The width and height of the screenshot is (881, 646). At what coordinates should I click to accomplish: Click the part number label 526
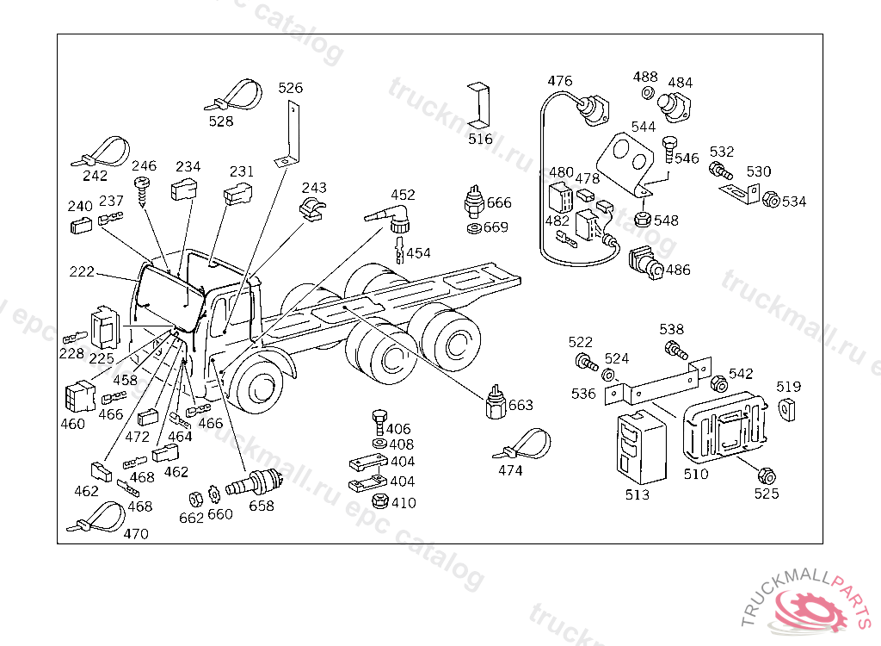pos(290,88)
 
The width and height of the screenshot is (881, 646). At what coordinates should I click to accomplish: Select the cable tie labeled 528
pos(235,96)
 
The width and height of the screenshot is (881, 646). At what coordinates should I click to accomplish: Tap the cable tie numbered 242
pos(102,152)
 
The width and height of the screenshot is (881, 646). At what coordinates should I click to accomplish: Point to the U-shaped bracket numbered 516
pos(478,106)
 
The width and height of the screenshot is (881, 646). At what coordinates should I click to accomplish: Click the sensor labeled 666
pos(474,202)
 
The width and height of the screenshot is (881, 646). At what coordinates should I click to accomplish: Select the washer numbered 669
pos(474,228)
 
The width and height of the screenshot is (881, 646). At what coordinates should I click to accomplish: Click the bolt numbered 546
pos(668,149)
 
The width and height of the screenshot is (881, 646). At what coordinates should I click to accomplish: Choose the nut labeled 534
pos(772,199)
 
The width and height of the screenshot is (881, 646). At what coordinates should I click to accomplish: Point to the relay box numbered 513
pos(642,447)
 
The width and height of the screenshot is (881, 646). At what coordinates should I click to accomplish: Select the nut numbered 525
pos(767,476)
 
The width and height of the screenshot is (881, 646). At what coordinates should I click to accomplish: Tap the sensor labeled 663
pos(496,403)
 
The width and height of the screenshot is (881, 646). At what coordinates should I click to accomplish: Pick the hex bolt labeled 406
pos(379,422)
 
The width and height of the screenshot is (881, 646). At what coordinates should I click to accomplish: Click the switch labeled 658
pos(254,483)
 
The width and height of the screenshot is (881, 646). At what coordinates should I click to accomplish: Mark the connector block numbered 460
pos(80,396)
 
